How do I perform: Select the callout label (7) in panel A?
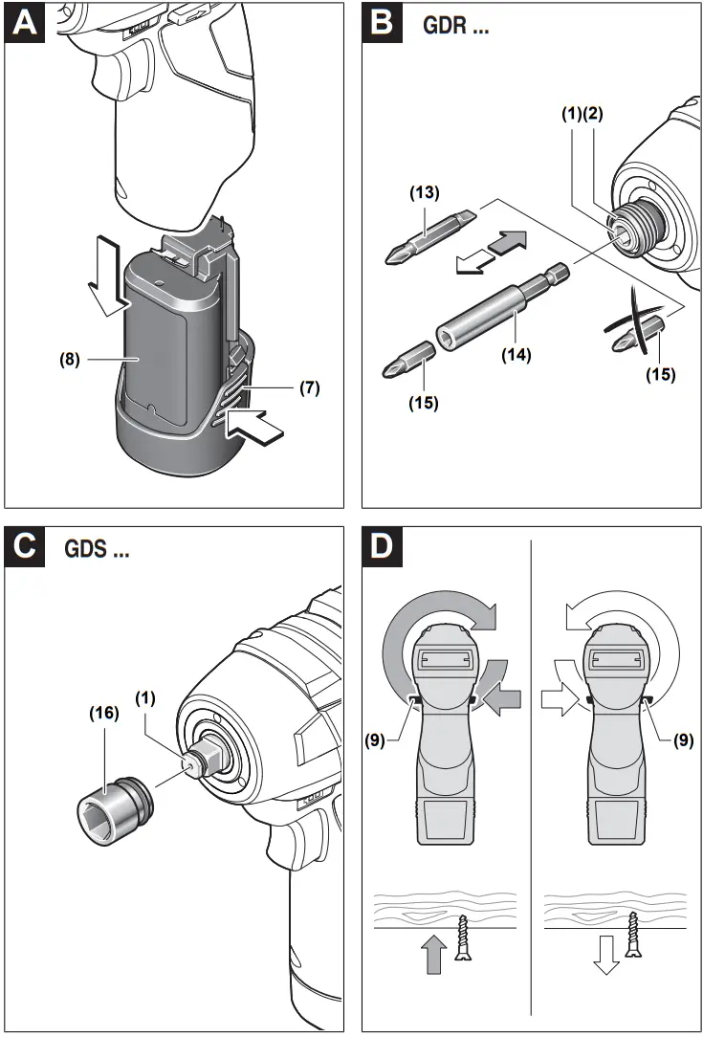308,388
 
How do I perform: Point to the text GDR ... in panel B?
458,27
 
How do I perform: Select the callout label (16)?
103,713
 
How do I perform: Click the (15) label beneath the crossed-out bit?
659,375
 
